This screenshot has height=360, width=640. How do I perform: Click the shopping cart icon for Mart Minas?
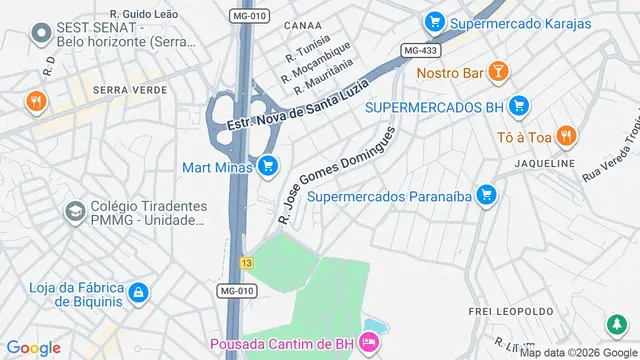coord(267,166)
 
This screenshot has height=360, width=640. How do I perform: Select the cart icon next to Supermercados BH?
coord(518,106)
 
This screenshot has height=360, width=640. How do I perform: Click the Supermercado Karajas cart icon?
coord(433,21)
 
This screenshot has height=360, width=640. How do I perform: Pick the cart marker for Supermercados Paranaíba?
coord(486,195)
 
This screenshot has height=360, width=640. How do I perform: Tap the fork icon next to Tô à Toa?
coord(565,135)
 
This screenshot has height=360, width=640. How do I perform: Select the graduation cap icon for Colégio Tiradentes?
coord(74,212)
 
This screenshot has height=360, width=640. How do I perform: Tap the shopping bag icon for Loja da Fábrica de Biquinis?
coord(138,293)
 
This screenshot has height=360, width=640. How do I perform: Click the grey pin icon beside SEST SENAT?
coord(41,34)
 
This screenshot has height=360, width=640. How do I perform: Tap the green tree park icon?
coord(616,325)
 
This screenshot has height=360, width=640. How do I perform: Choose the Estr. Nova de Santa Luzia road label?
coord(292,108)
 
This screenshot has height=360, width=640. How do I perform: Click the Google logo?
coord(34,347)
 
